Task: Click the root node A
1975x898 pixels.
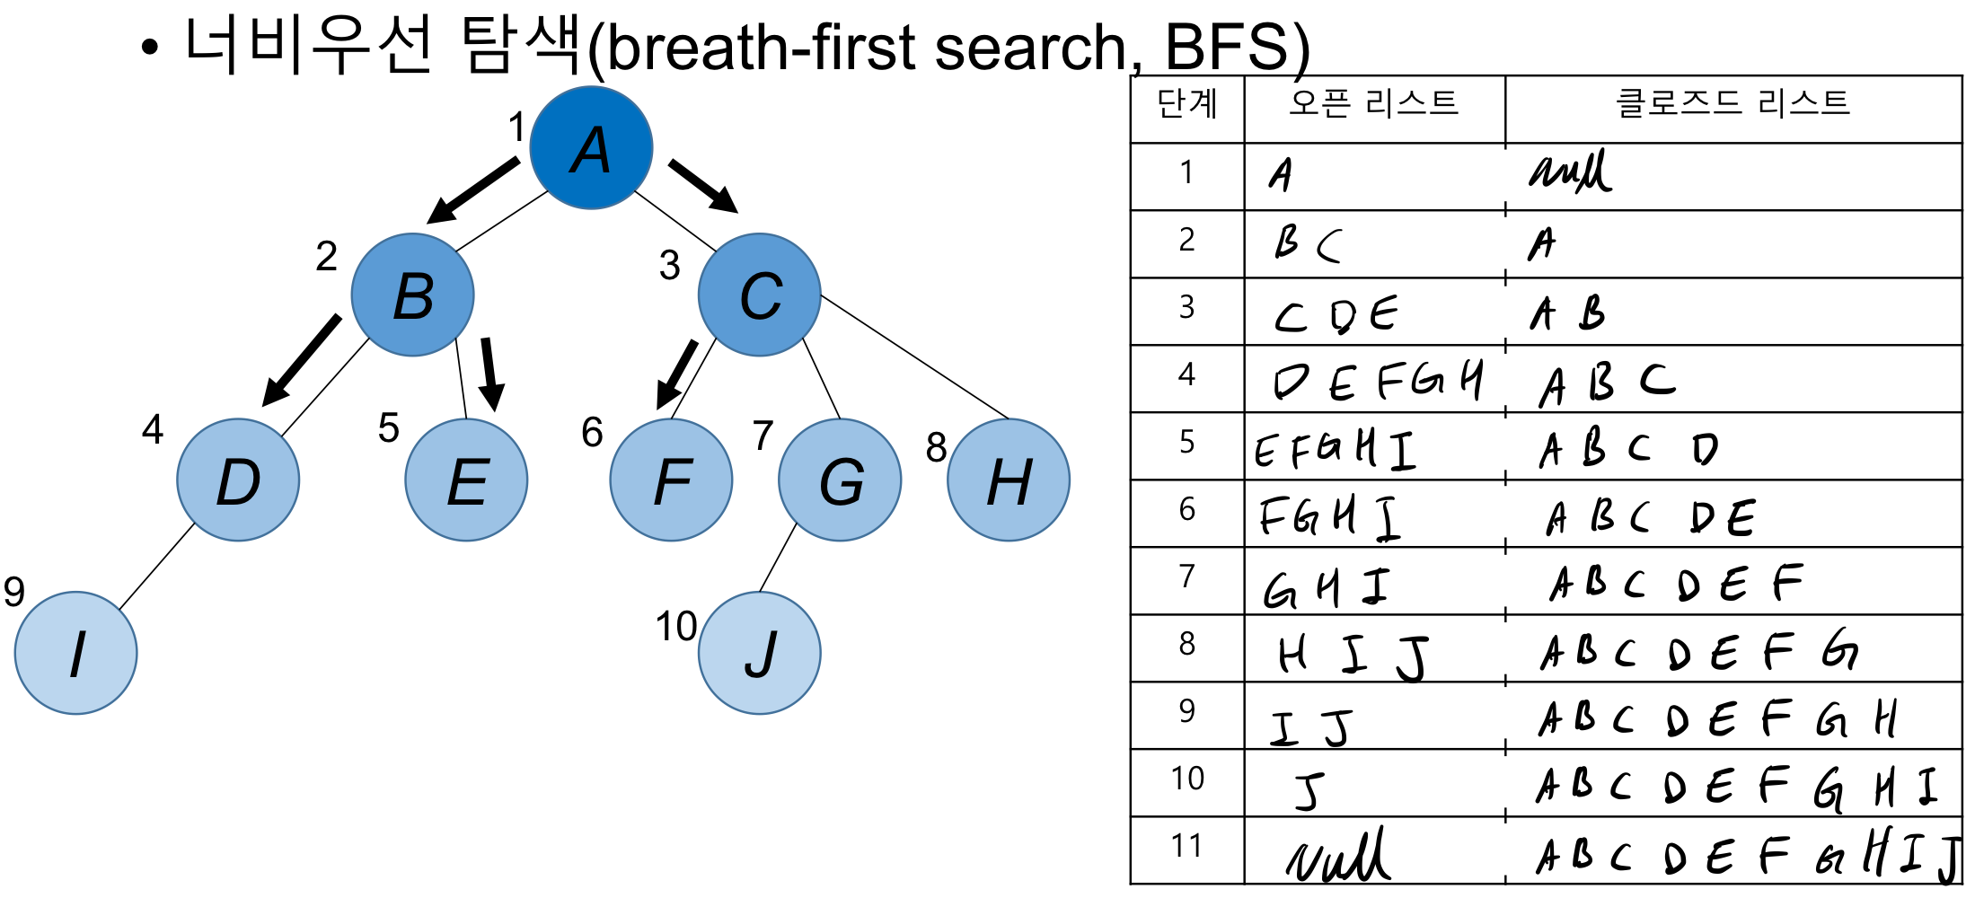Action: pos(591,148)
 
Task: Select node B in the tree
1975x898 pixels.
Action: pos(413,295)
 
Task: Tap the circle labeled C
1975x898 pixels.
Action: pos(760,295)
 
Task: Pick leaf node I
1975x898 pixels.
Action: pos(76,653)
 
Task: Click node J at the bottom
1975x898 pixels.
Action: pos(760,653)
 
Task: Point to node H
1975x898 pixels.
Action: pos(1009,480)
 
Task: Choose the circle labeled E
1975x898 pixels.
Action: pos(466,480)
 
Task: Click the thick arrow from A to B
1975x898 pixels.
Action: pos(472,190)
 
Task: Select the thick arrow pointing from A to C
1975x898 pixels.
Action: pos(703,186)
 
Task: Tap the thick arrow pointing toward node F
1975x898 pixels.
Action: pos(676,374)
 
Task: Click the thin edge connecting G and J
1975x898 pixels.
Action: pos(778,558)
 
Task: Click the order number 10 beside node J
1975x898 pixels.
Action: pos(675,626)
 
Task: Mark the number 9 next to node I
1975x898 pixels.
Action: pos(14,592)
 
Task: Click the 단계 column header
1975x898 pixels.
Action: pos(1186,104)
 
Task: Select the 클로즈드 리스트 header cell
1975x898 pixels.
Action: pos(1733,104)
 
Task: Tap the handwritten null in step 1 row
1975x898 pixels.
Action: pos(1570,172)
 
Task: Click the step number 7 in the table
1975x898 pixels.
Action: pos(1186,576)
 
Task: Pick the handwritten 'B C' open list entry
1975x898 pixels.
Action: pos(1308,243)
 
